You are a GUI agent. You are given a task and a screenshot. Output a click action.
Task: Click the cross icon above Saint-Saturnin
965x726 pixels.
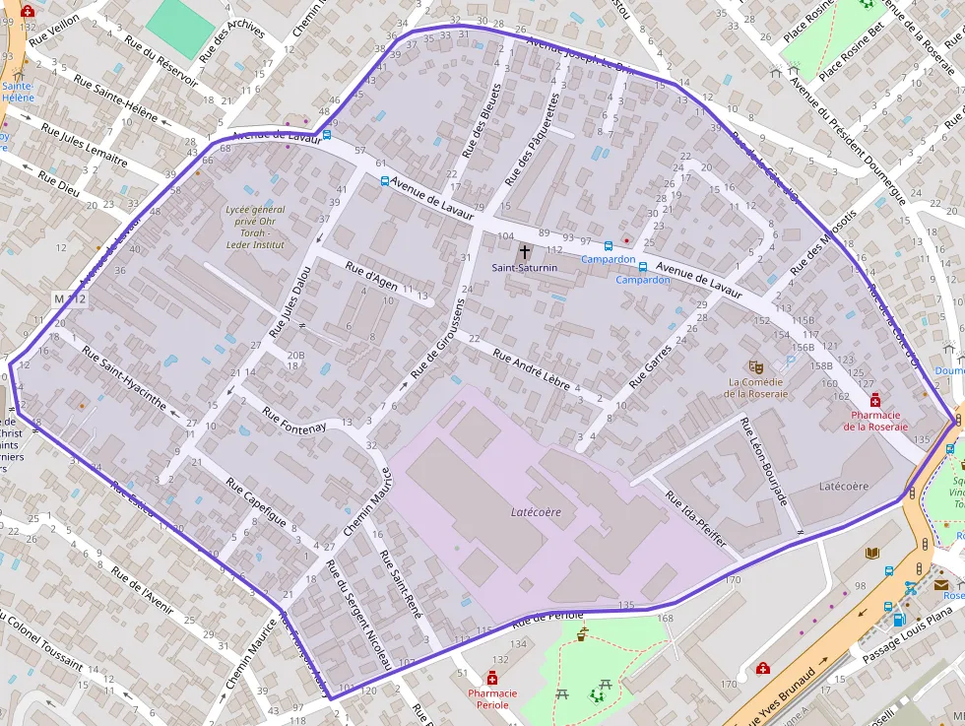coord(525,252)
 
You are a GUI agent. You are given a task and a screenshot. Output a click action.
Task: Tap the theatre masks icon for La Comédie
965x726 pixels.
coord(755,366)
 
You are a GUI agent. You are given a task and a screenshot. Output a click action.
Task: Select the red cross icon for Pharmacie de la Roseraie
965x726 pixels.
coord(874,400)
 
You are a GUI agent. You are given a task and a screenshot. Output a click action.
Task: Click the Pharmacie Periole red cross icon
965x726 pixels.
coord(491,678)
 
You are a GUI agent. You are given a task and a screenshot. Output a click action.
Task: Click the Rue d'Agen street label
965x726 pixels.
coord(372,277)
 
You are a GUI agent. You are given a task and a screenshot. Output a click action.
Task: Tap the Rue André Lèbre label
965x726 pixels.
coord(531,370)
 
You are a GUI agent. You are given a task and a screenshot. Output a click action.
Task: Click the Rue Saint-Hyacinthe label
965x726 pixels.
coord(124,378)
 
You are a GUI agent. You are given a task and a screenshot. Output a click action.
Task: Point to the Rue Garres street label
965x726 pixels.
coord(651,364)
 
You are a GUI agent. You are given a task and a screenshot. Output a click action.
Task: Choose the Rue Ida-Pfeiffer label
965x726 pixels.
coord(696,519)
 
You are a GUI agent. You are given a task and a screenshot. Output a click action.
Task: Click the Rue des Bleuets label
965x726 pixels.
coord(482,122)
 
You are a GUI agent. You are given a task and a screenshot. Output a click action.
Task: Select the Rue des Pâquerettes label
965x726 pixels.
coord(532,140)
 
